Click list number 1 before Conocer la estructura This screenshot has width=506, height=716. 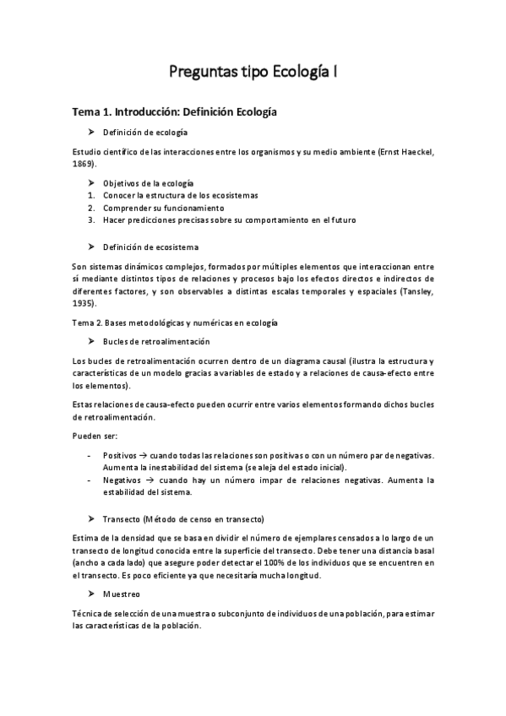pyautogui.click(x=90, y=195)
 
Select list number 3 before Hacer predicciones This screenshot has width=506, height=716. pyautogui.click(x=90, y=220)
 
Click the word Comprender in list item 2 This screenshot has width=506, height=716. pyautogui.click(x=127, y=208)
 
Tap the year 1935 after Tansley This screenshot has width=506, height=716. pyautogui.click(x=83, y=301)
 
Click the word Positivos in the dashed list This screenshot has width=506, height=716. pyautogui.click(x=122, y=455)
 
